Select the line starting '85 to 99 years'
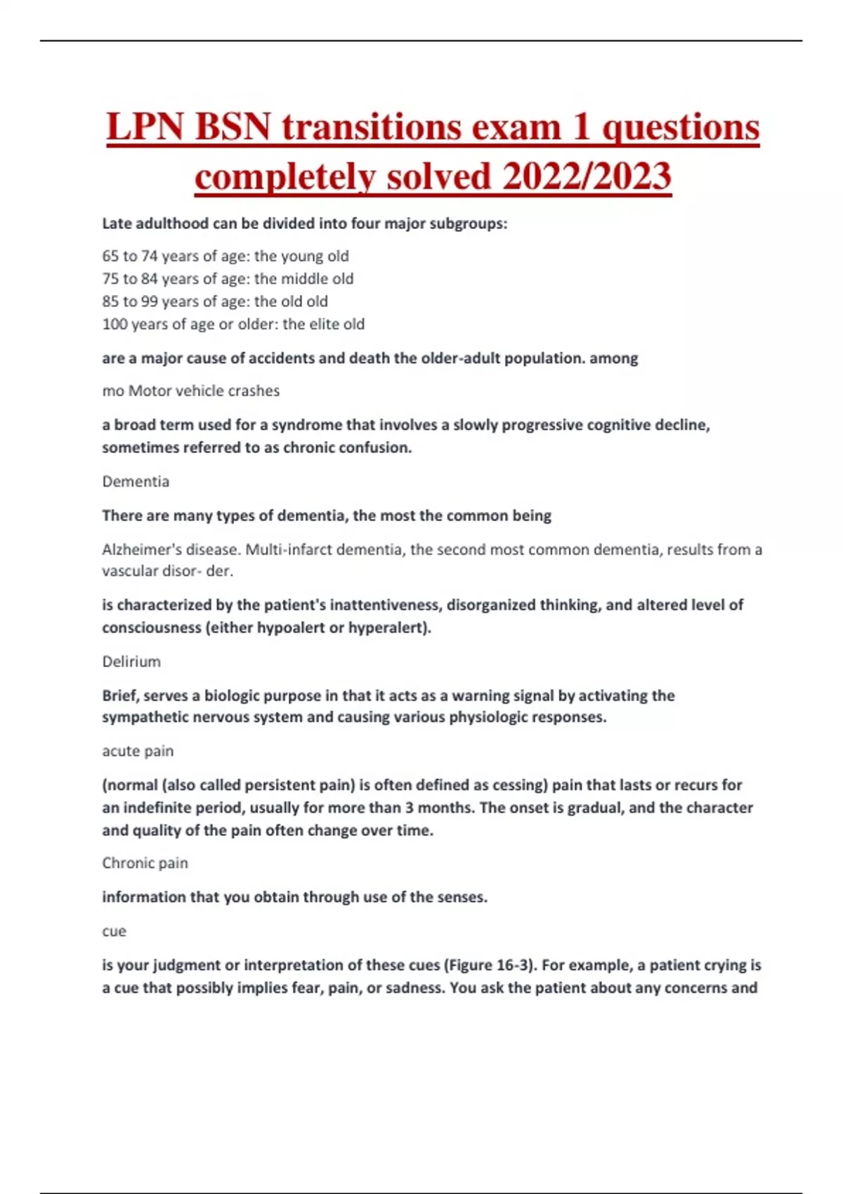click(214, 301)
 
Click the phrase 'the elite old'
click(323, 324)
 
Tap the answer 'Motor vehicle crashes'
click(204, 391)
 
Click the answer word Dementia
click(136, 481)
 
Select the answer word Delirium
click(131, 662)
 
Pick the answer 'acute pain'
click(138, 751)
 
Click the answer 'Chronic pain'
click(145, 862)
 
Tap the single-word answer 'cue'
click(114, 931)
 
